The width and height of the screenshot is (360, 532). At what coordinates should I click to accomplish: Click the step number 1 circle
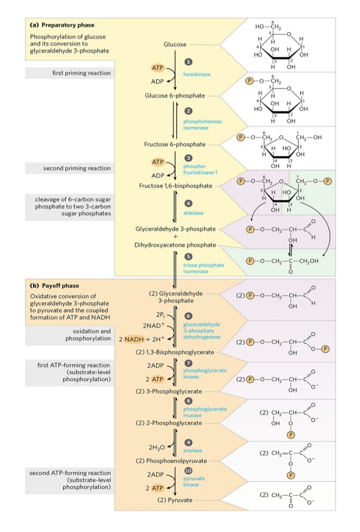pyautogui.click(x=188, y=61)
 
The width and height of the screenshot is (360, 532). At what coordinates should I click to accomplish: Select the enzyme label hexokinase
pyautogui.click(x=195, y=74)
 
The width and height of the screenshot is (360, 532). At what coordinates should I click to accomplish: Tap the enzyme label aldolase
pyautogui.click(x=192, y=213)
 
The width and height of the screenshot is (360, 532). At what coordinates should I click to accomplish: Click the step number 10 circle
pyautogui.click(x=188, y=470)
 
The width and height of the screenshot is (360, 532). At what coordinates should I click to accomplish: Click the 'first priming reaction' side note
pyautogui.click(x=81, y=73)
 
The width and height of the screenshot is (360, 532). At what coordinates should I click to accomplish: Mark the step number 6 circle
pyautogui.click(x=188, y=316)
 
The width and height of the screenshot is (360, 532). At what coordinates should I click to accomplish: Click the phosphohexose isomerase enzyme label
pyautogui.click(x=202, y=124)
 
